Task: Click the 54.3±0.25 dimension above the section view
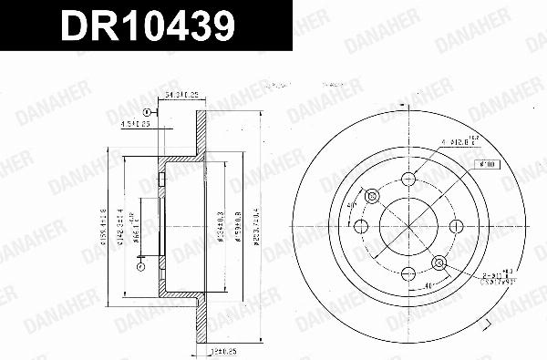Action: (x=181, y=96)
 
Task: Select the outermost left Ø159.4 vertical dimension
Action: (x=106, y=228)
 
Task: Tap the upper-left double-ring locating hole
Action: (x=371, y=196)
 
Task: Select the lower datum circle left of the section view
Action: (x=140, y=267)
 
